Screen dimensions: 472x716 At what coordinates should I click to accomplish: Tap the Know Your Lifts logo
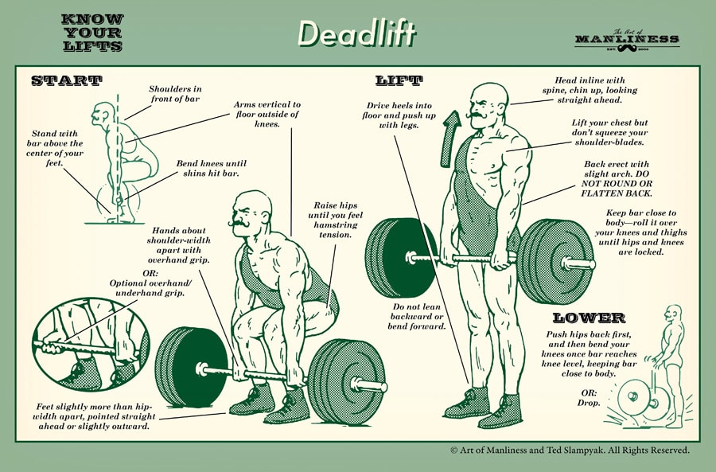[91, 33]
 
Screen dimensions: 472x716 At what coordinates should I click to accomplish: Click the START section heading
[66, 80]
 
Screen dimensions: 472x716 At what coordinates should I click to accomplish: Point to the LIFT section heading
[399, 80]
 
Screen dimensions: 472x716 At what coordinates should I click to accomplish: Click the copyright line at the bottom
[569, 451]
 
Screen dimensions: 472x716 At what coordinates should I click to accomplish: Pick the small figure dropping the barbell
[660, 366]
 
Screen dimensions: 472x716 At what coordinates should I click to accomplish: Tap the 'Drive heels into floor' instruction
[410, 115]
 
